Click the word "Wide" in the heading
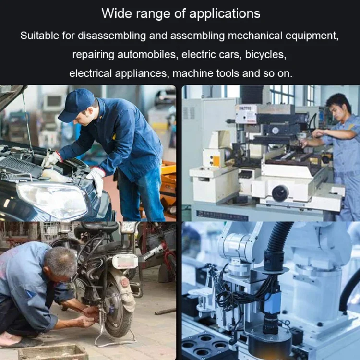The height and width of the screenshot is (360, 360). tap(117, 13)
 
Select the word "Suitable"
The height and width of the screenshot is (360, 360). tap(39, 36)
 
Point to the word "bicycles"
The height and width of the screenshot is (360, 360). tap(265, 55)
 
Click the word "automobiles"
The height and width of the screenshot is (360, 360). tap(148, 55)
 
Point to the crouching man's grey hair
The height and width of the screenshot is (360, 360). tap(61, 262)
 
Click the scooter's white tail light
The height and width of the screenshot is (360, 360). tap(125, 262)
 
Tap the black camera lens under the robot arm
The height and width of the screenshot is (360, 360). tap(271, 324)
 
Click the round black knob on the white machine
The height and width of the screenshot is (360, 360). tap(280, 193)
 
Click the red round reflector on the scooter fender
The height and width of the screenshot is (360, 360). tap(125, 282)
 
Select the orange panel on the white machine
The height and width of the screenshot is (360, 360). tap(216, 161)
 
